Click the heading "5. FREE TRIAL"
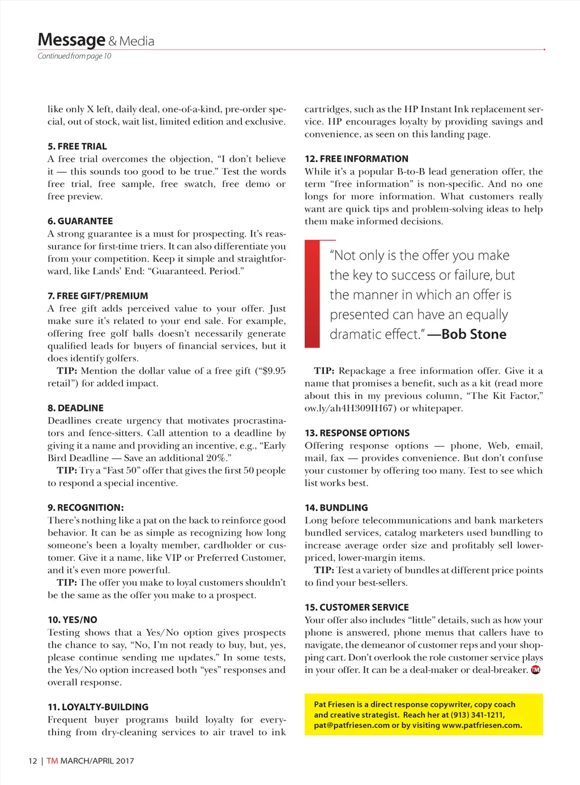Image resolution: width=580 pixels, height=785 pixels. [x=77, y=147]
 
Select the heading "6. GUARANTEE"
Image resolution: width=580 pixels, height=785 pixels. [x=80, y=221]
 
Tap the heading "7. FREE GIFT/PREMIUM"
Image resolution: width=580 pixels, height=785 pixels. [x=97, y=296]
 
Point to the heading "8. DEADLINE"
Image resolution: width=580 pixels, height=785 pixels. [x=75, y=408]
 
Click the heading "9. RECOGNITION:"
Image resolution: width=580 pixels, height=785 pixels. [x=86, y=508]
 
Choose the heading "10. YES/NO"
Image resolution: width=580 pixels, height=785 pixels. [x=72, y=620]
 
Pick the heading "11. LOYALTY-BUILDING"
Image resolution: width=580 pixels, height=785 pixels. [x=98, y=707]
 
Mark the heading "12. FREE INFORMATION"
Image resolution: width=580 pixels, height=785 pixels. [x=356, y=159]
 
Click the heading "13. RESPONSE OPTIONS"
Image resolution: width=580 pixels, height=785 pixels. [x=357, y=433]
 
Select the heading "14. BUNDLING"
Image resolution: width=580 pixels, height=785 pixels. [x=336, y=508]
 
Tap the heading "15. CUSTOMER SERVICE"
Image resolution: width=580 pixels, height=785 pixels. [x=356, y=607]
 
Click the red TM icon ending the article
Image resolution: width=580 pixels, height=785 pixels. [x=535, y=670]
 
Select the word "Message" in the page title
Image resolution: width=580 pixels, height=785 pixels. [x=71, y=40]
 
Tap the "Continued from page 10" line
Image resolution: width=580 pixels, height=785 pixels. [x=74, y=56]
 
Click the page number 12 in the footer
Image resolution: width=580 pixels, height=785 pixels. [x=32, y=761]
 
